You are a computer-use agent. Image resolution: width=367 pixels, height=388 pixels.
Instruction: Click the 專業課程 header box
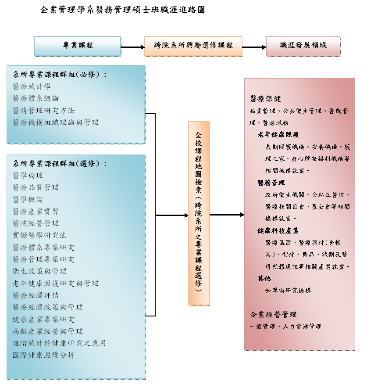(78, 47)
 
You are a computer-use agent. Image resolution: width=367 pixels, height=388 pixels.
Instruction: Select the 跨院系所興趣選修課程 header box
(193, 47)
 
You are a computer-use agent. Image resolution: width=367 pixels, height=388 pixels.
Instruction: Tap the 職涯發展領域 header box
(303, 47)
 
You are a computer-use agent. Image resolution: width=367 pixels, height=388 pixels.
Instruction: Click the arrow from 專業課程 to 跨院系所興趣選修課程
(133, 47)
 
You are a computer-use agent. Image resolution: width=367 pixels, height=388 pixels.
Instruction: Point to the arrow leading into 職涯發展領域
(254, 47)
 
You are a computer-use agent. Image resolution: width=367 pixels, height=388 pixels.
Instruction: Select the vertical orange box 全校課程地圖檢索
(199, 214)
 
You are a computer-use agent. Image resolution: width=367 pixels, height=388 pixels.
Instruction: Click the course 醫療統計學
(32, 86)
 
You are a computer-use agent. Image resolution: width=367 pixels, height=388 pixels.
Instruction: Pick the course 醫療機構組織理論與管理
(56, 122)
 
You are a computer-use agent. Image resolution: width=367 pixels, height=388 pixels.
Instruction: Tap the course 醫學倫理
(28, 176)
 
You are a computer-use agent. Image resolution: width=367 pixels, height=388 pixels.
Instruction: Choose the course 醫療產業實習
(36, 211)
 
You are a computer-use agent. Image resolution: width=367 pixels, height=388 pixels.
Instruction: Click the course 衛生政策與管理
(39, 271)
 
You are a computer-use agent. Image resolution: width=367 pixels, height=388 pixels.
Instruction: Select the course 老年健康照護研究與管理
(56, 283)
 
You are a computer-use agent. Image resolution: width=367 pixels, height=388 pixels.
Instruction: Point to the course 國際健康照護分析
(43, 355)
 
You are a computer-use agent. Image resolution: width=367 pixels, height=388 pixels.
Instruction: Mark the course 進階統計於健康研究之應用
(59, 343)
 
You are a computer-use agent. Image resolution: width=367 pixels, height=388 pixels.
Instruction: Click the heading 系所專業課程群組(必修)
(60, 74)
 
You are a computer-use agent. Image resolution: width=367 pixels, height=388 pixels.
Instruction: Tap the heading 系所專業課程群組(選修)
(60, 163)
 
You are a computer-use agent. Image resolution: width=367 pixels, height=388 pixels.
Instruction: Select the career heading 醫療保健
(265, 99)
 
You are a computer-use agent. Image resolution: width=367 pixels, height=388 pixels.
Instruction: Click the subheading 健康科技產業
(278, 230)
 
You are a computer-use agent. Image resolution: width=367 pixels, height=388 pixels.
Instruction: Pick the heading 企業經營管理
(273, 315)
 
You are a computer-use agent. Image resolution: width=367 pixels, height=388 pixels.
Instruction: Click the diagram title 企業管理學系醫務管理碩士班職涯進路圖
(123, 10)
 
